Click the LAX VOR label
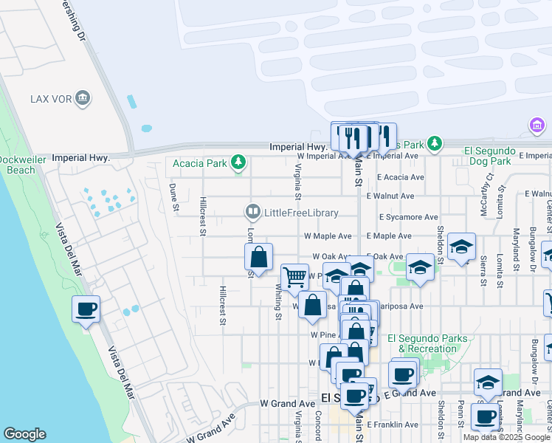pos(49,98)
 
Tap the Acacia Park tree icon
pos(238,161)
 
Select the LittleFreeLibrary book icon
pos(253,213)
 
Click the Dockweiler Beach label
pos(17,165)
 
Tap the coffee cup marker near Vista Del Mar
pos(86,309)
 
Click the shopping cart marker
pos(294,277)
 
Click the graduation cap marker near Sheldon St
pos(461,247)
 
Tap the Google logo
pos(24,434)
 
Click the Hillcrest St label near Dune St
pos(202,216)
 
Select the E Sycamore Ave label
pos(409,218)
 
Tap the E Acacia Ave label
pos(401,177)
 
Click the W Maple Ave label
pos(328,236)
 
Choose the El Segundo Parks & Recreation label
pos(432,343)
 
